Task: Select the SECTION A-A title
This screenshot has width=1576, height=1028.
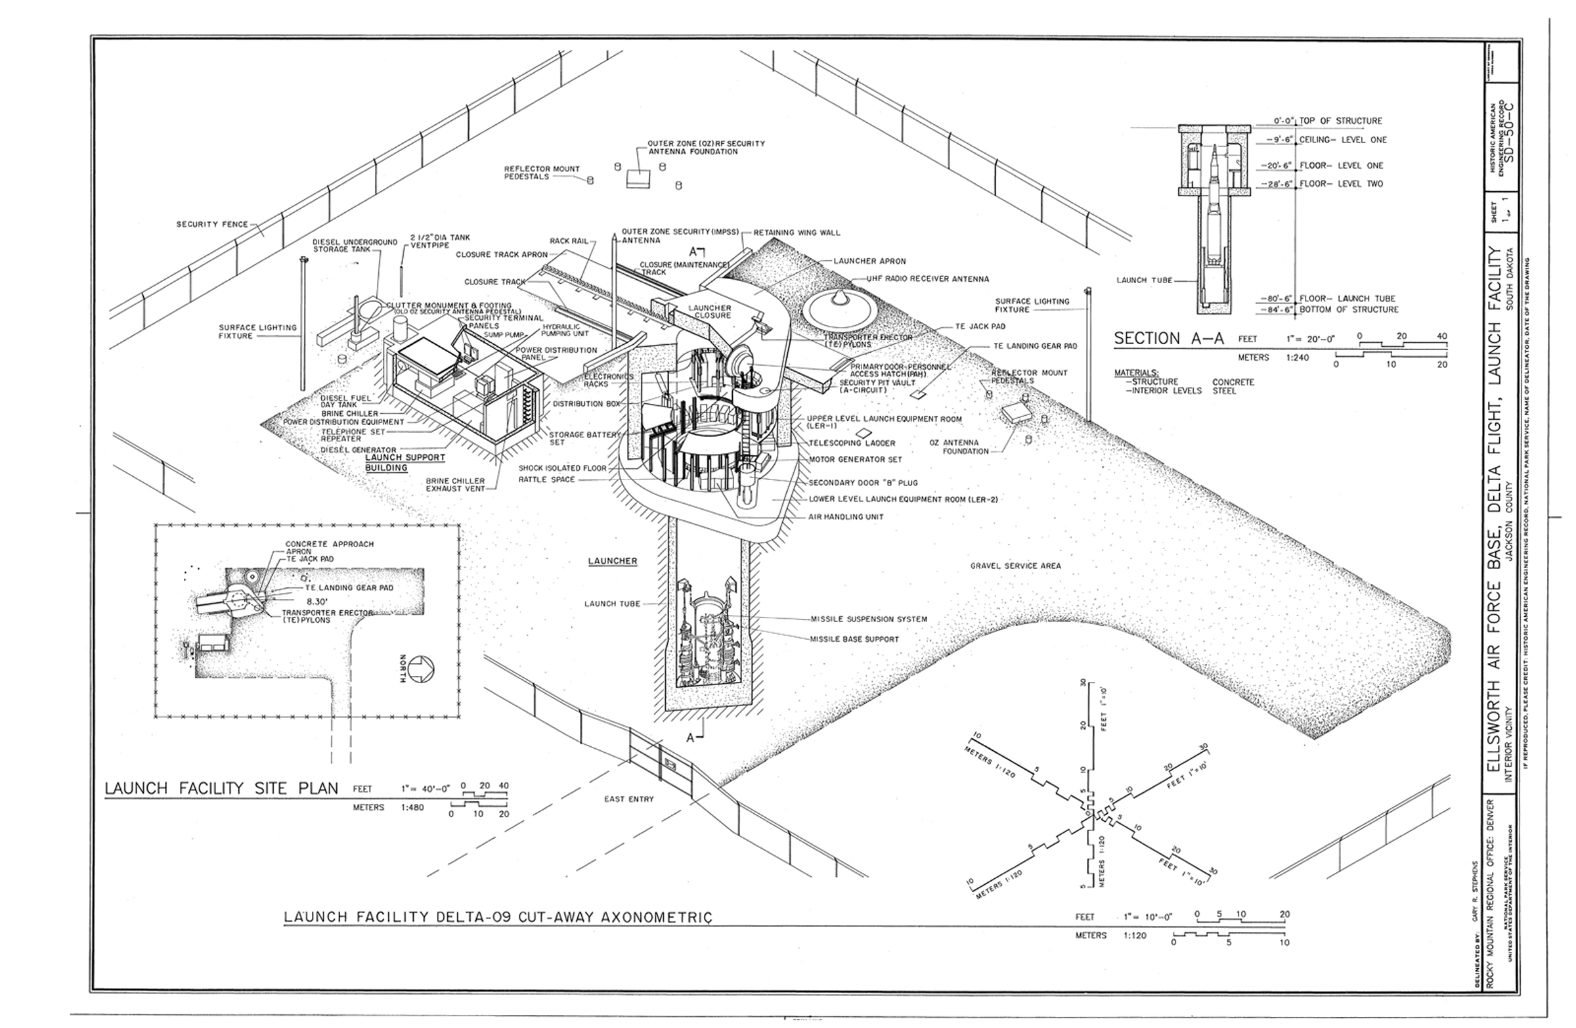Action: [1166, 338]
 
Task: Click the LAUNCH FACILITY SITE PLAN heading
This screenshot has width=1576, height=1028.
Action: [222, 788]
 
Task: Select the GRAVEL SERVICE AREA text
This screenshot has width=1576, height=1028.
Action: [1015, 566]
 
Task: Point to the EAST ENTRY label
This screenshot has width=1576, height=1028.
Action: [628, 799]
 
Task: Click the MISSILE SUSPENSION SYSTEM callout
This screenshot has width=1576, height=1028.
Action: [868, 619]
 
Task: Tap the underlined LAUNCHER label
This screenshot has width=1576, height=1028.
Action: [613, 561]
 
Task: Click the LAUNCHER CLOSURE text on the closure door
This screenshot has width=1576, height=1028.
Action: [709, 311]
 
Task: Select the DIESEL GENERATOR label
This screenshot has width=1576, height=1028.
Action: [349, 450]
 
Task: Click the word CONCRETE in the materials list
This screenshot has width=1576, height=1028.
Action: [1233, 382]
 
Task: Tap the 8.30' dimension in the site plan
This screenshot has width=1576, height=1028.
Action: [309, 602]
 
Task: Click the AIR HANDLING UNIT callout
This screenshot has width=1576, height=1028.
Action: [846, 516]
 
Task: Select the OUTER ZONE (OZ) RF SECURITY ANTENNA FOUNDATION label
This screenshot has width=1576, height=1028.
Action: [706, 147]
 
